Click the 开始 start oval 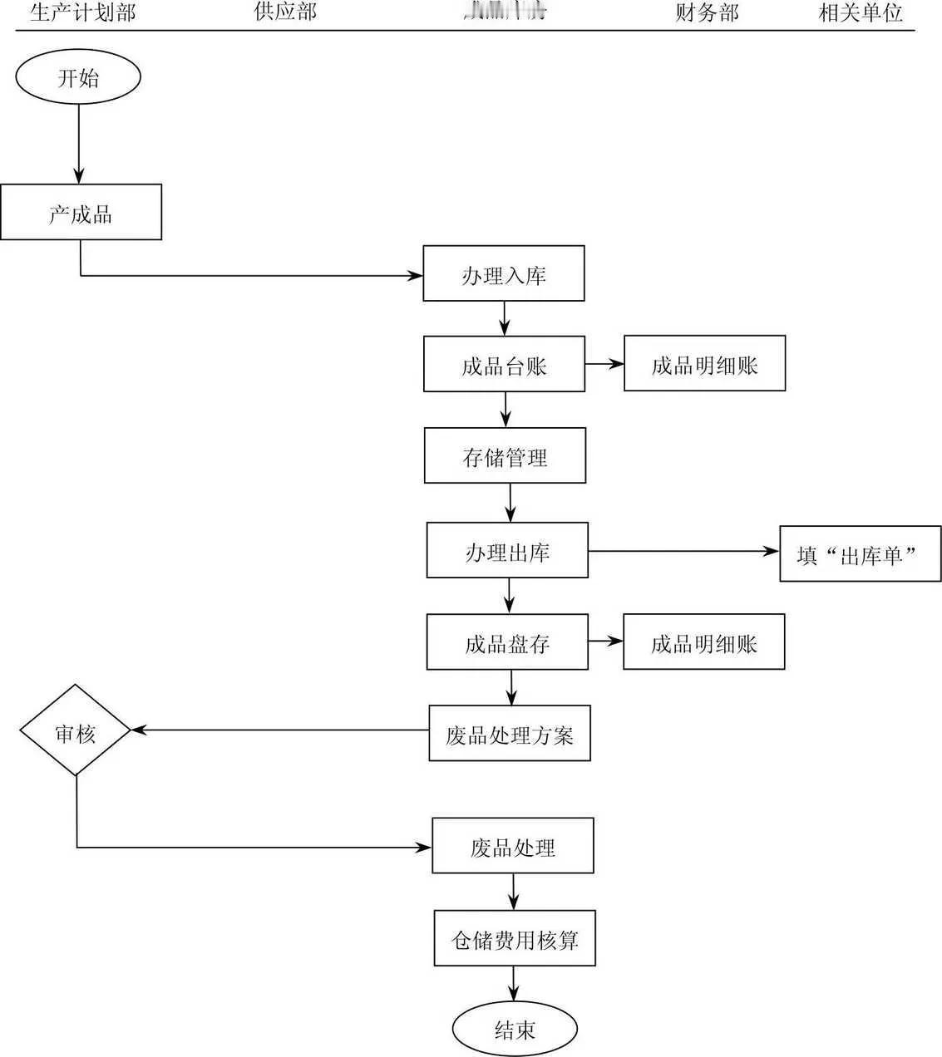78,77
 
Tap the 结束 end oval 515,1030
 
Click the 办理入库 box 504,273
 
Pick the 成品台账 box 504,364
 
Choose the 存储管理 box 505,455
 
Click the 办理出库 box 507,550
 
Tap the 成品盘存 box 507,642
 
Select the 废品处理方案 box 510,734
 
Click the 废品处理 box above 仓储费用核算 513,846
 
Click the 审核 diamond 76,731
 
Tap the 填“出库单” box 860,554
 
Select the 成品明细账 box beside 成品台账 704,364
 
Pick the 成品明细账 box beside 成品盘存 703,642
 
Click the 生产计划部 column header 82,12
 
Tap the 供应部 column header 285,12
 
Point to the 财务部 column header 707,12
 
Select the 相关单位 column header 861,12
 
